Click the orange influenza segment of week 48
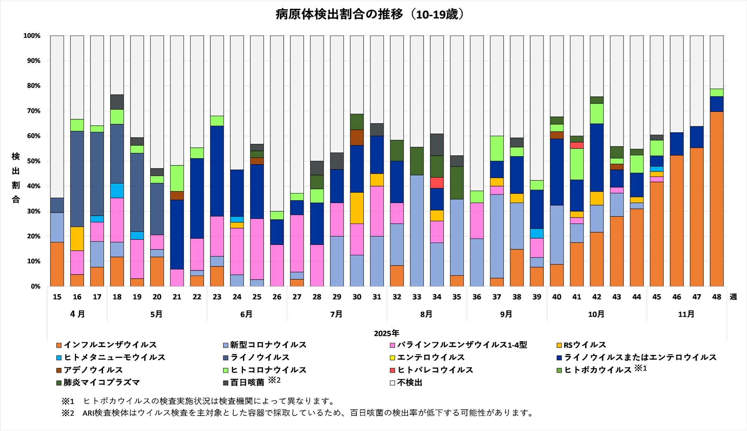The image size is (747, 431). [x=716, y=199]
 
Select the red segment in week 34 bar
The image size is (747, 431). [x=437, y=183]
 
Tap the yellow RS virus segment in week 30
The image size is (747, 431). [x=357, y=208]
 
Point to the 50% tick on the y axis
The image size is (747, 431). [x=32, y=161]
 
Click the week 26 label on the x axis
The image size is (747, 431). [x=277, y=297]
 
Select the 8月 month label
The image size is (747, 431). [x=426, y=314]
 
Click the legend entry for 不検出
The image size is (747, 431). [x=409, y=382]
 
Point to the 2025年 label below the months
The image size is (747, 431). [x=386, y=333]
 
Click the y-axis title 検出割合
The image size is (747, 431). [x=15, y=178]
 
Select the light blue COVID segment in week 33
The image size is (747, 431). [x=417, y=230]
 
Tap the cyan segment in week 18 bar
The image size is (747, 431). [x=117, y=190]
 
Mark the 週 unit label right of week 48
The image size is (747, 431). [x=733, y=297]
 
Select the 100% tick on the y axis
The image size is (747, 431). [x=32, y=36]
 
